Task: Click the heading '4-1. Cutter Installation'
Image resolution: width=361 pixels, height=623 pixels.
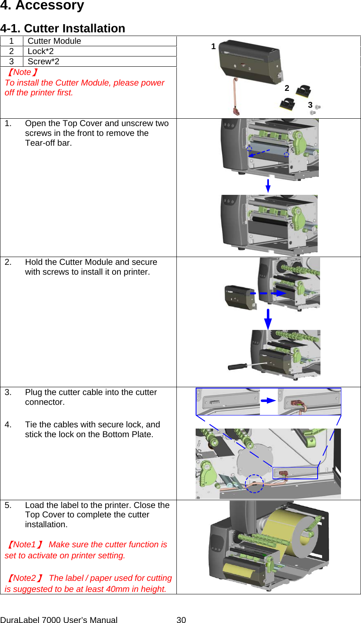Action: [63, 28]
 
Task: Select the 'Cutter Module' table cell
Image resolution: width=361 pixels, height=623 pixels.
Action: [54, 41]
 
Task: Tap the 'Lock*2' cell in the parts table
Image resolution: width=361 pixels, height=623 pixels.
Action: [41, 51]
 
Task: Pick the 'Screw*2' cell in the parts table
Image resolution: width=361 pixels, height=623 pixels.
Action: [43, 61]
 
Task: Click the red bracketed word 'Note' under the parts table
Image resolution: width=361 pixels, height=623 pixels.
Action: [22, 72]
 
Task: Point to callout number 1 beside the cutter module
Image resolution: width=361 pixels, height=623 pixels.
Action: [213, 47]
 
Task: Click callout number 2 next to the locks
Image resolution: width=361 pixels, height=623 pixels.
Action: [287, 88]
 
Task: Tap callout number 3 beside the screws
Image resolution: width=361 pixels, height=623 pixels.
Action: [310, 105]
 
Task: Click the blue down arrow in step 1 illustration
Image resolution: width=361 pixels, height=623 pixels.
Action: [268, 185]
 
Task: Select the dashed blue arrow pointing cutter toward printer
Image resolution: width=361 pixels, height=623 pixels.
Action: [268, 293]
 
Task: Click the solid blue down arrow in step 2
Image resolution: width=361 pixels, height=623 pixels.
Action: [268, 319]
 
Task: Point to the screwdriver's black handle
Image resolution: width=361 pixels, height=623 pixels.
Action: [237, 366]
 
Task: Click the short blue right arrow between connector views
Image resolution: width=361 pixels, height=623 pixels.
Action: [268, 400]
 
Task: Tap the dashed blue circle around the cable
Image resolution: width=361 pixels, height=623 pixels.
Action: [254, 483]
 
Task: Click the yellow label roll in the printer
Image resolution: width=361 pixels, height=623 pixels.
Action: [287, 532]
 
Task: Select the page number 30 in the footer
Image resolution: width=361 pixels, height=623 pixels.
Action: [181, 620]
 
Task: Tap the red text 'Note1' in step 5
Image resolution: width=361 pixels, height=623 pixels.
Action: [25, 544]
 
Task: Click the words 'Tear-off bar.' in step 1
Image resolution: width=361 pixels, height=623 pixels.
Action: [48, 143]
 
